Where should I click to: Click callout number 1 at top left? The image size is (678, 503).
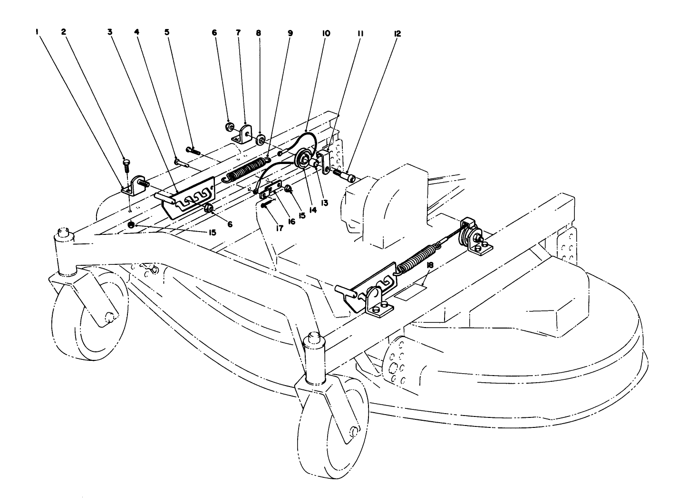tap(37, 33)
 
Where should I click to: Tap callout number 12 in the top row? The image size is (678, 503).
tap(397, 34)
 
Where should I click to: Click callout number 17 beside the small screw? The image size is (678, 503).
tap(279, 228)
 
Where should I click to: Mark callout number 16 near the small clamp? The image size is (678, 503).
tap(291, 221)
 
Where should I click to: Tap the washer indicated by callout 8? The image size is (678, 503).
tap(261, 140)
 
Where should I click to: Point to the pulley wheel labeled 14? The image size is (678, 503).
tap(302, 159)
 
